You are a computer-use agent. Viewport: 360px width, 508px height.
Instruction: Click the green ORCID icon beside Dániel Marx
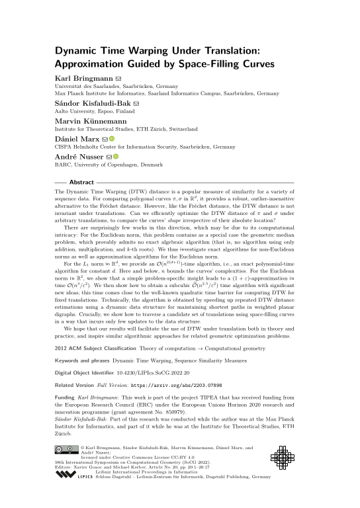tap(112, 139)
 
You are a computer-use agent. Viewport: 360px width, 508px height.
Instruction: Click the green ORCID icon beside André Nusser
tap(116, 157)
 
